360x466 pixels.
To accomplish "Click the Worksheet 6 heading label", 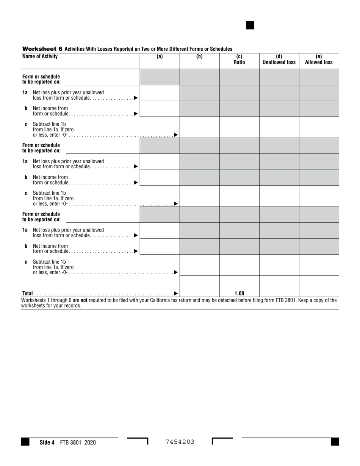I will pos(42,49).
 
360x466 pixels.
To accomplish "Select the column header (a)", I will pos(160,57).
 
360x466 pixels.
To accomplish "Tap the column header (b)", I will pos(199,57).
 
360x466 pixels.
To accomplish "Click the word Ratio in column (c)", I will pos(239,63).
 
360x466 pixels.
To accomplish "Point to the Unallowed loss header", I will pos(279,63).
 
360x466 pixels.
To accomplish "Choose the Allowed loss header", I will pos(319,63).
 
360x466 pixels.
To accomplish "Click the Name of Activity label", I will pos(40,56).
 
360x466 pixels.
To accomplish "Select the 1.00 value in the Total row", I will pos(239,293).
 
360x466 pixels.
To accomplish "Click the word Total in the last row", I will pos(28,293).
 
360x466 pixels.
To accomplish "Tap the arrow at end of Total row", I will pos(176,293).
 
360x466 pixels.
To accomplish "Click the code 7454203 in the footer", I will pos(180,442).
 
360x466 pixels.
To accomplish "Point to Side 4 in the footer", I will pos(47,443).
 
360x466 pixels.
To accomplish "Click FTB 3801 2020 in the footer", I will pos(78,443).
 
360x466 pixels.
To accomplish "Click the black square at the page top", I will pos(250,25).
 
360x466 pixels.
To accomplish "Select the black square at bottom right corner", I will pos(335,442).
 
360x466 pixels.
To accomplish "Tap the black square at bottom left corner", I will pos(25,442).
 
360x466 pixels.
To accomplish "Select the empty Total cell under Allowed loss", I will pos(319,286).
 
